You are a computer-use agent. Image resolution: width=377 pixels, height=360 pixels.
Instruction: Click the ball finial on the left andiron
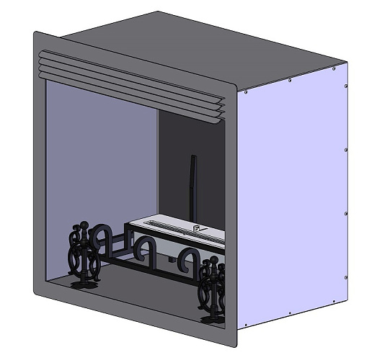(84, 225)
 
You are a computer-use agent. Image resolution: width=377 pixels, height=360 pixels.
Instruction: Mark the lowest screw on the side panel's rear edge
(347, 278)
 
